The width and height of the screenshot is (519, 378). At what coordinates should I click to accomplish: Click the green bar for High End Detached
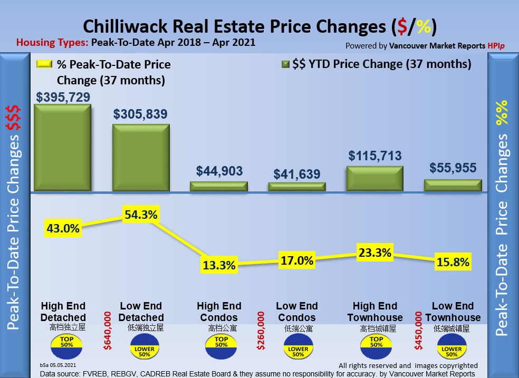click(x=62, y=148)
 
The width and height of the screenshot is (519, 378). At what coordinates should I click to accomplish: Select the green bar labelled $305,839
click(x=141, y=158)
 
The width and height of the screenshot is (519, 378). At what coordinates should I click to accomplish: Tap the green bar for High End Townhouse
click(x=374, y=179)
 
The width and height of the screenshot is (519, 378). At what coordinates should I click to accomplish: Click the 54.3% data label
click(x=141, y=215)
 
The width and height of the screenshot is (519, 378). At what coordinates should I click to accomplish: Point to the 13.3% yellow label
click(x=218, y=265)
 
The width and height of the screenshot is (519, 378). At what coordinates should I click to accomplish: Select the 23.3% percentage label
click(x=374, y=253)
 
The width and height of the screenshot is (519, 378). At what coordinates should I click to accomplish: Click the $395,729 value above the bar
click(x=63, y=98)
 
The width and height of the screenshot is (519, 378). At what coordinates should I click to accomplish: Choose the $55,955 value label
click(x=453, y=168)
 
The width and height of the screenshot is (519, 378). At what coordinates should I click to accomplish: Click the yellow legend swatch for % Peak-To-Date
click(x=44, y=64)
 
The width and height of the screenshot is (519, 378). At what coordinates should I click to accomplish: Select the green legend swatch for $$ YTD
click(x=285, y=64)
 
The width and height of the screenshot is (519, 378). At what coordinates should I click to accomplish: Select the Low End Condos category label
click(x=296, y=312)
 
